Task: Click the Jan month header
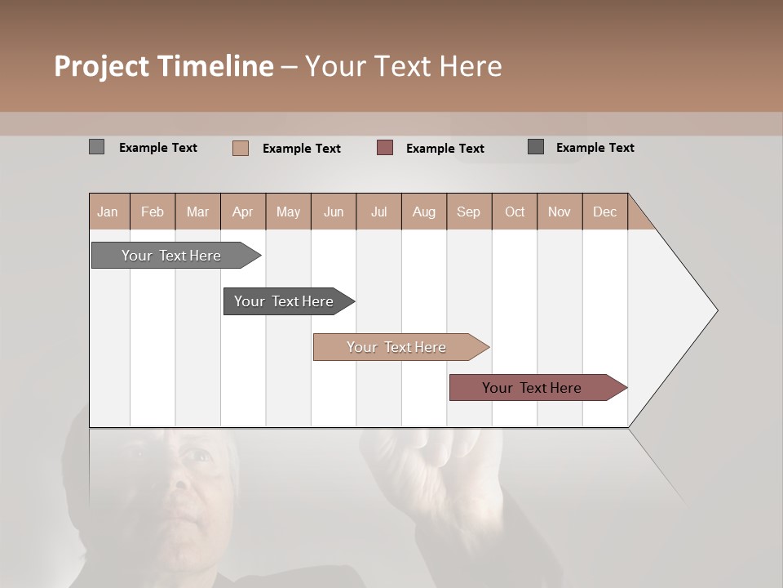pos(108,212)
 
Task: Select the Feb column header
pos(153,212)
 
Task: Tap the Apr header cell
pos(242,212)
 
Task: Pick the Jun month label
pos(334,212)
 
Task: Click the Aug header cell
pos(424,212)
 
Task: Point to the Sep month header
pos(469,212)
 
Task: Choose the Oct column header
pos(515,212)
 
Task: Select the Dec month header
pos(604,212)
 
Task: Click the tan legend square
pos(241,148)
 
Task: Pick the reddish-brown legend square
pos(385,148)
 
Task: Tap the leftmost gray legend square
pos(96,147)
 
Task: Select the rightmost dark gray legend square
pos(536,147)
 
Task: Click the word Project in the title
pos(101,66)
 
